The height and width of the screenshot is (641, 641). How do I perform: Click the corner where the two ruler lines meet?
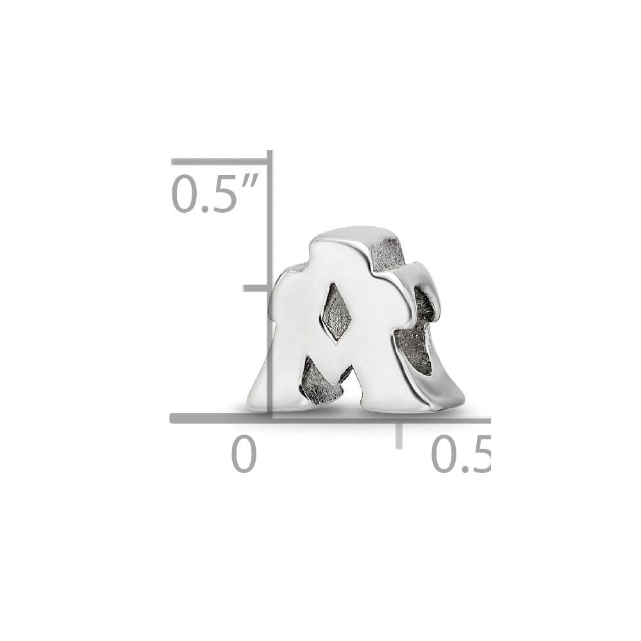[270, 419]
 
